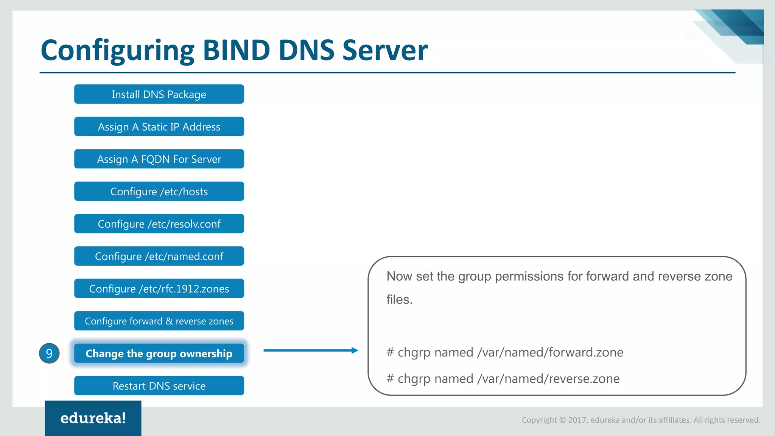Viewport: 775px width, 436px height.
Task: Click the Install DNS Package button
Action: point(159,94)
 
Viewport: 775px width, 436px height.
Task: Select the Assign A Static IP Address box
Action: point(159,126)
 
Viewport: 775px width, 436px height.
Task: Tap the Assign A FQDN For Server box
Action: point(159,159)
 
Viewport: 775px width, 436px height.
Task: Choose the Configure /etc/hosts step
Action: point(159,192)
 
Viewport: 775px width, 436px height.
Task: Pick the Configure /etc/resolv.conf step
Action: point(159,224)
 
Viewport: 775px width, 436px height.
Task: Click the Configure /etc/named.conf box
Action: point(159,256)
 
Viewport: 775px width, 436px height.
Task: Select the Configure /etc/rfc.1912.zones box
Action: point(159,288)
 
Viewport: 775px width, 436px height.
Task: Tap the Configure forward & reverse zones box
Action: point(159,321)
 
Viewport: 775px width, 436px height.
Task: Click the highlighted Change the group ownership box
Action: point(159,353)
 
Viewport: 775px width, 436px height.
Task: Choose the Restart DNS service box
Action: point(159,386)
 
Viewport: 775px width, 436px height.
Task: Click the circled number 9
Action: point(49,353)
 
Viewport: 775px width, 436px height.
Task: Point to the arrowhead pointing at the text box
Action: point(355,350)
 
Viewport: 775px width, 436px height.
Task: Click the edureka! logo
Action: point(93,418)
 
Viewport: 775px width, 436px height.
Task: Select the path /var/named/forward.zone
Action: point(550,352)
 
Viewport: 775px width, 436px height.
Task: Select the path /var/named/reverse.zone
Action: point(548,379)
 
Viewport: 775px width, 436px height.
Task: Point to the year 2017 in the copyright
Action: point(577,420)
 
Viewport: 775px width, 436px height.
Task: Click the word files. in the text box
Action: point(399,300)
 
